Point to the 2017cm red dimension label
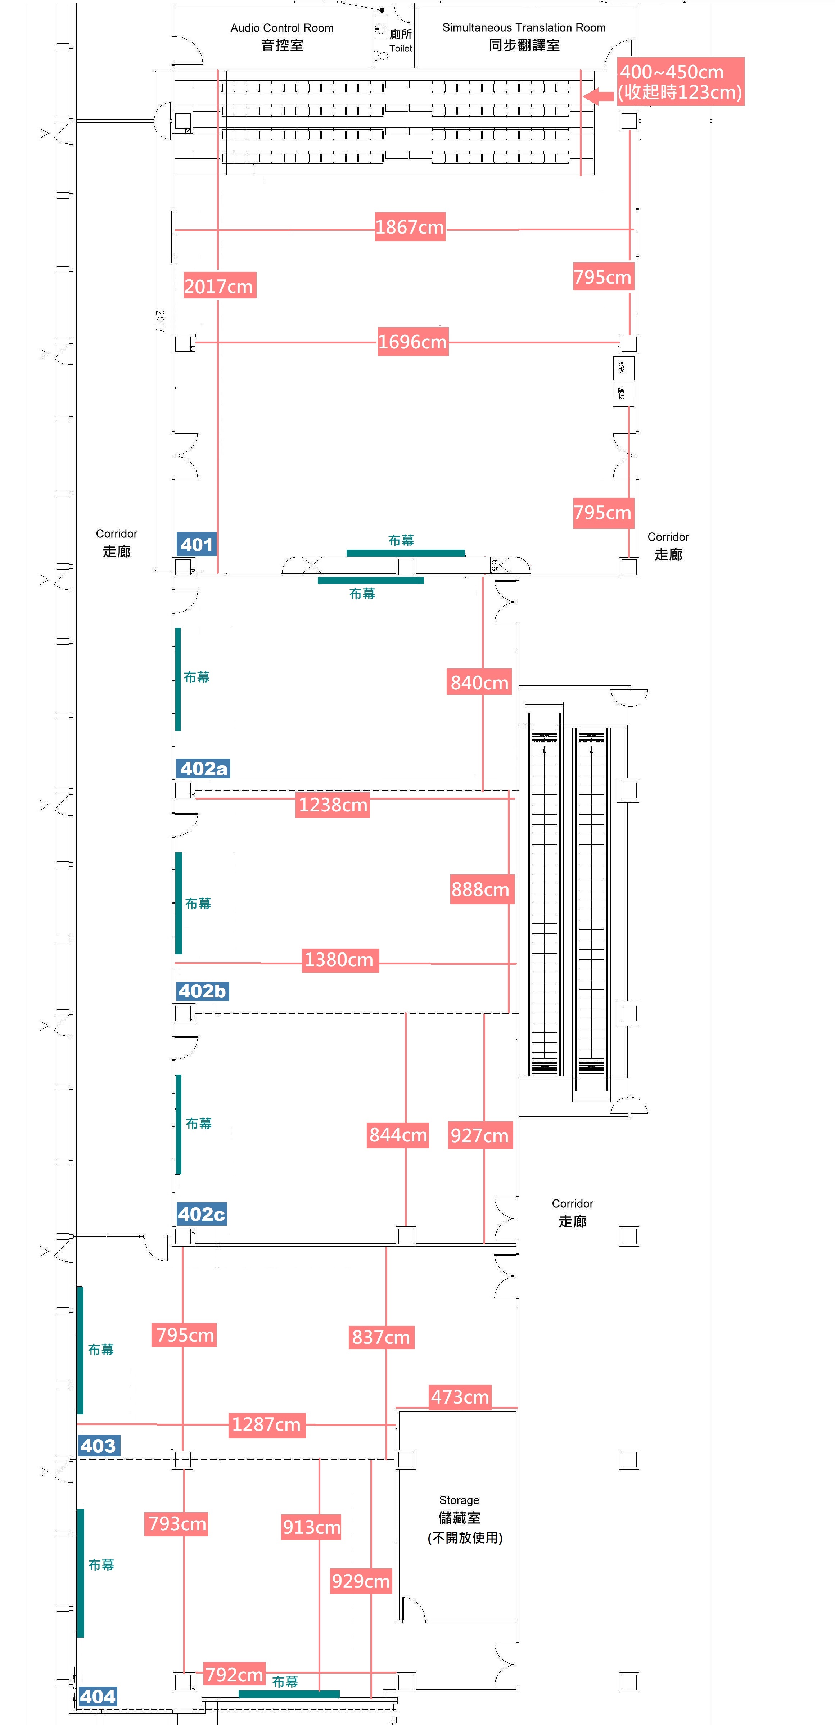pos(219,286)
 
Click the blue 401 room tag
pos(196,544)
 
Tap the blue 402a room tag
pos(203,768)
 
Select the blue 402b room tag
pos(202,991)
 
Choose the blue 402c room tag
pos(202,1214)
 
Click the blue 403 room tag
pos(98,1446)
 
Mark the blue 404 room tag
pos(98,1696)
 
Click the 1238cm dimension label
pos(333,804)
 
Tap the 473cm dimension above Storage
pos(460,1397)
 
